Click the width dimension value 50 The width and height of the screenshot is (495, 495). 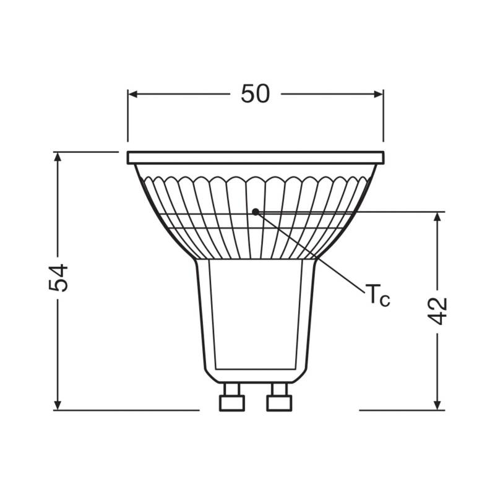[256, 93]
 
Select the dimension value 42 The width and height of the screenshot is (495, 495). [438, 311]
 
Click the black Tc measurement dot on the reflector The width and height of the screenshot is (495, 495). [256, 212]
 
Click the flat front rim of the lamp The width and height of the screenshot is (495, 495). [256, 158]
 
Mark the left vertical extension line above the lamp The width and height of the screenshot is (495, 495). [128, 118]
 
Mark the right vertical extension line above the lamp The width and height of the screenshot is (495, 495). [383, 118]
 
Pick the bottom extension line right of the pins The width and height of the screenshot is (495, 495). [402, 410]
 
